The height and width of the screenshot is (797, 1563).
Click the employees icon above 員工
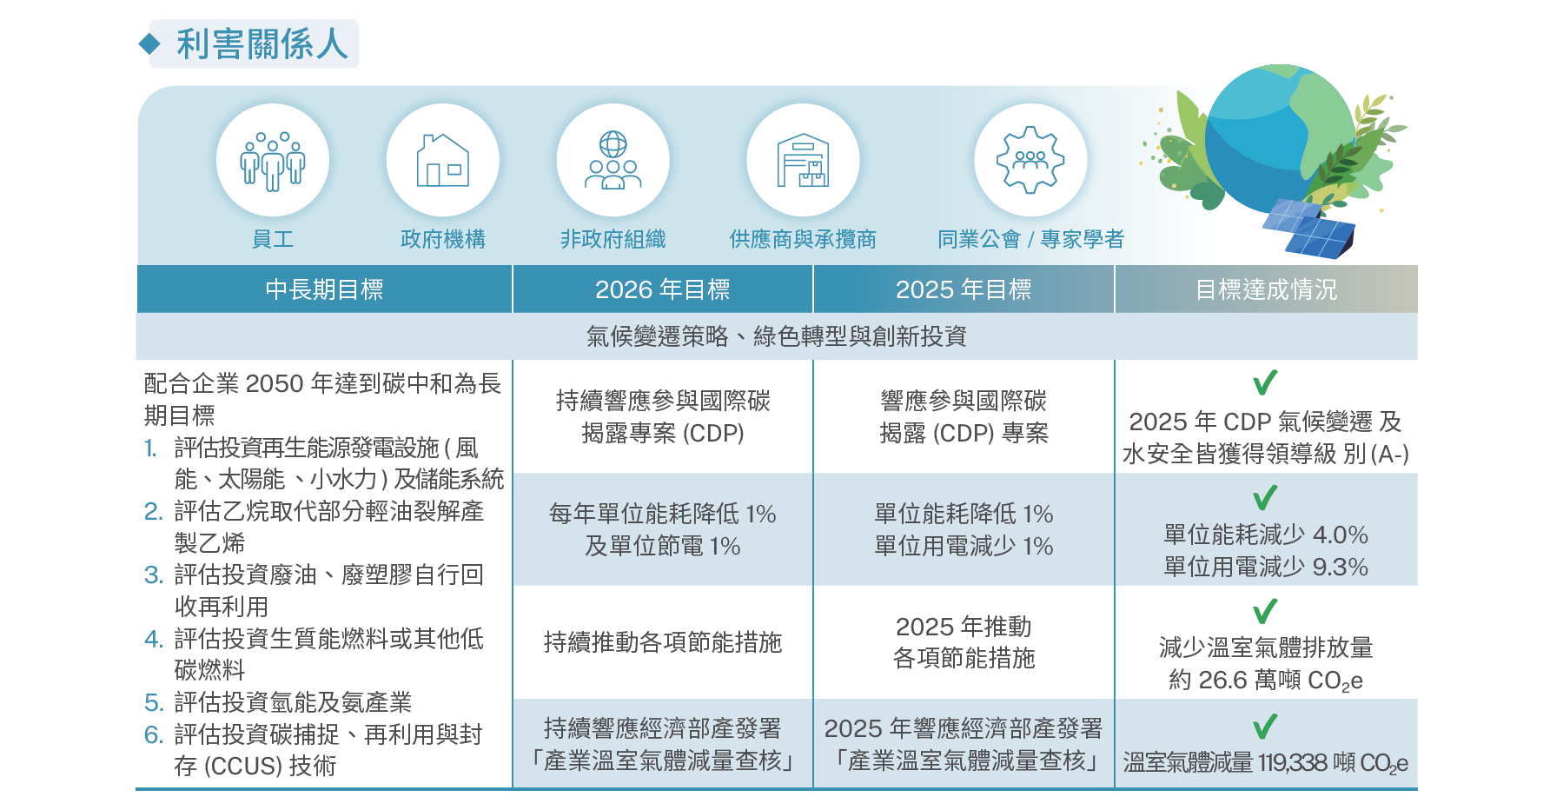tap(272, 161)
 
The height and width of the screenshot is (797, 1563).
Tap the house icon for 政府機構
tap(442, 161)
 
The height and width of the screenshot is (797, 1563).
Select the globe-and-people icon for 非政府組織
tap(613, 161)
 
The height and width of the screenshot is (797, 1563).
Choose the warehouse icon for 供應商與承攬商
tap(803, 161)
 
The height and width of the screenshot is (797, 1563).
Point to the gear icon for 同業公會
tap(1030, 160)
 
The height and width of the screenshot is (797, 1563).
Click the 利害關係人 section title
tap(262, 44)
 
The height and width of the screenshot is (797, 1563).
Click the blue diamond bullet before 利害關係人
tap(149, 44)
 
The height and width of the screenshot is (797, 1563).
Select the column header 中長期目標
tap(324, 289)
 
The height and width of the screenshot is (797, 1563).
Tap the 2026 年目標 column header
tap(662, 289)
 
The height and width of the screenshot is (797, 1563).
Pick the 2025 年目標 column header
tap(964, 289)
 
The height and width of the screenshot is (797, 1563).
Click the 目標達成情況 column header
tap(1266, 289)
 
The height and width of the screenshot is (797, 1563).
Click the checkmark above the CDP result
tap(1265, 382)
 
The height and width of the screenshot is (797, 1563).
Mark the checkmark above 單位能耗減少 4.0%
tap(1265, 497)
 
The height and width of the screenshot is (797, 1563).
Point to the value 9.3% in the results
tap(1340, 568)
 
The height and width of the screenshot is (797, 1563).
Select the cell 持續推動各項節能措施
tap(663, 642)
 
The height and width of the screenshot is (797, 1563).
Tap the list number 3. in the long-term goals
tap(154, 575)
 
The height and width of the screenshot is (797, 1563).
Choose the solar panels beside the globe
tap(1308, 228)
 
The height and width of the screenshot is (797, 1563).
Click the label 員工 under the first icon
tap(272, 239)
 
